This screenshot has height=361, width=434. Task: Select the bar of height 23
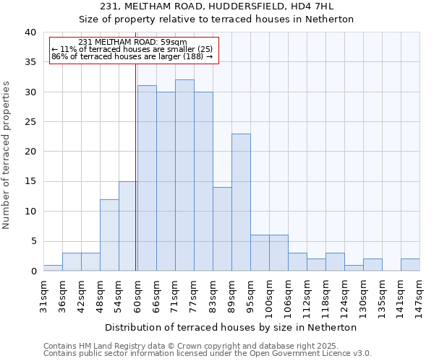pyautogui.click(x=241, y=202)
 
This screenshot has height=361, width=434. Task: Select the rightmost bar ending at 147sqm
pyautogui.click(x=410, y=265)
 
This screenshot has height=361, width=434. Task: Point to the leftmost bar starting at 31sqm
pyautogui.click(x=53, y=268)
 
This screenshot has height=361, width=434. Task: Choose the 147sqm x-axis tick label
pyautogui.click(x=420, y=295)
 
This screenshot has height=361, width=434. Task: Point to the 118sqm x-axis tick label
pyautogui.click(x=325, y=295)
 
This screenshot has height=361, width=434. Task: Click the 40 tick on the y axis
pyautogui.click(x=30, y=32)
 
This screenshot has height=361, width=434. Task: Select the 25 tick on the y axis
pyautogui.click(x=30, y=122)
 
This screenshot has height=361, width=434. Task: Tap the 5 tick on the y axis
pyautogui.click(x=33, y=241)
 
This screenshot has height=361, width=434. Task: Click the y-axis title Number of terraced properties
pyautogui.click(x=7, y=155)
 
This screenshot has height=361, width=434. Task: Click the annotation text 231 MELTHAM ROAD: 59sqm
pyautogui.click(x=132, y=42)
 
